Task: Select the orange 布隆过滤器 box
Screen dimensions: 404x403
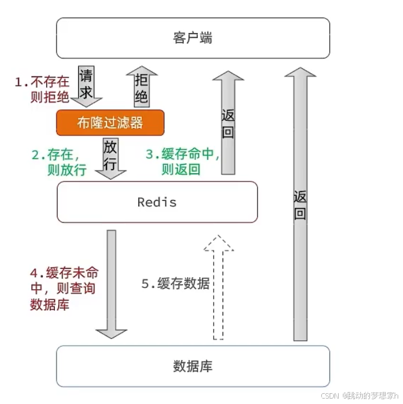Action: tap(110, 123)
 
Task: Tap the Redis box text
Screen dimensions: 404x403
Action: tap(157, 202)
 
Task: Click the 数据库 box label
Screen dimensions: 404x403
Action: tap(192, 366)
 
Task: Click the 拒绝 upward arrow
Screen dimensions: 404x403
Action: tap(141, 88)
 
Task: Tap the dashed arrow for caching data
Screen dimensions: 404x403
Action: tap(218, 289)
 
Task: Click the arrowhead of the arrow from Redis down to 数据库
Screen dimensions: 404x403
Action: tap(111, 333)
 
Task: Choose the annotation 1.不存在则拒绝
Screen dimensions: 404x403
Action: tap(42, 89)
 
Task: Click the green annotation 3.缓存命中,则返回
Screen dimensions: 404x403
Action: tap(183, 162)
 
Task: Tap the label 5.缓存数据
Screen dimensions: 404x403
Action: tap(176, 284)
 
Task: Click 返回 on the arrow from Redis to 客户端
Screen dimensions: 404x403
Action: tap(228, 123)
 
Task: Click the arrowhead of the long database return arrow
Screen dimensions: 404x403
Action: tap(300, 73)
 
